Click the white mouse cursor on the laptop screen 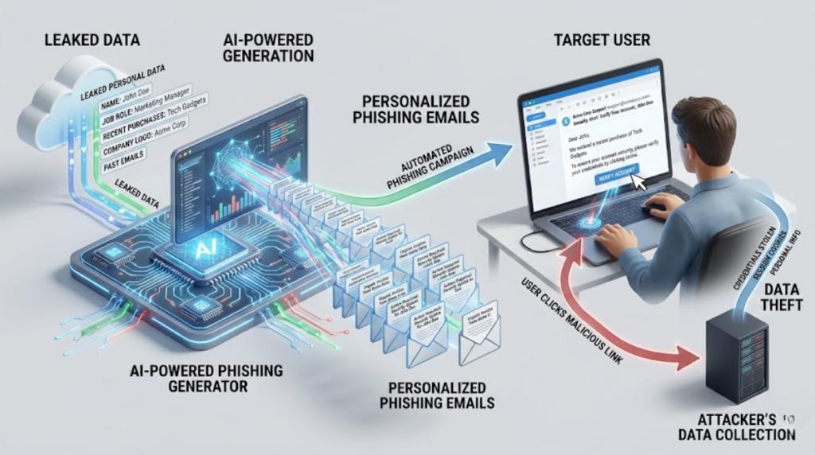pyautogui.click(x=639, y=182)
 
